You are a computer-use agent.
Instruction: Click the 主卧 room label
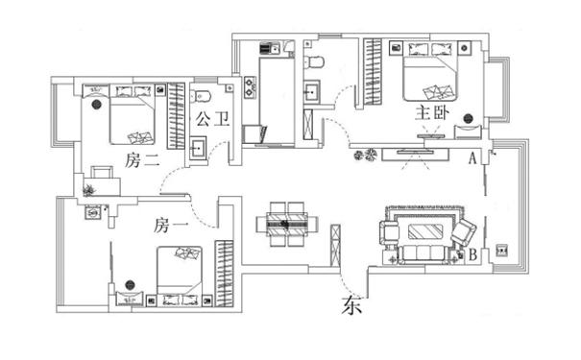[x=432, y=113]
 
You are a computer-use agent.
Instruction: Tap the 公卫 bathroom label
[x=212, y=119]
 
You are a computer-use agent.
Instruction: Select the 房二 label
[x=142, y=160]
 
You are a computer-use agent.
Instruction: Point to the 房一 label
[x=171, y=226]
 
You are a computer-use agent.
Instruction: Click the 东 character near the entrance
[x=351, y=305]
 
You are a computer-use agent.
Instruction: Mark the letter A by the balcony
[x=472, y=158]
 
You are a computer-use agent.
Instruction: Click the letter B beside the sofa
[x=472, y=254]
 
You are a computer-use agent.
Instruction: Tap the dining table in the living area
[x=287, y=224]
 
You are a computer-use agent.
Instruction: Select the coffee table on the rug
[x=425, y=232]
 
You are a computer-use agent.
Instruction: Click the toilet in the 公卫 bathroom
[x=200, y=96]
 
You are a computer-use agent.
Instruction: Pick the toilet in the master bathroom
[x=314, y=61]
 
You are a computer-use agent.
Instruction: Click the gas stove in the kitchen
[x=250, y=87]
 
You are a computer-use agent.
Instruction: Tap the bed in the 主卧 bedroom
[x=430, y=72]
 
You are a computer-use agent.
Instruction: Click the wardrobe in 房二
[x=176, y=116]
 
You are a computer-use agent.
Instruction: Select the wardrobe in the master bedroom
[x=372, y=71]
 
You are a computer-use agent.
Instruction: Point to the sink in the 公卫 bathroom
[x=198, y=148]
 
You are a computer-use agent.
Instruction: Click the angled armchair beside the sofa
[x=464, y=232]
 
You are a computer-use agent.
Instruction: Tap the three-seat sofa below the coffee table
[x=424, y=254]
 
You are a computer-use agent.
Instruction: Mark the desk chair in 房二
[x=102, y=172]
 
